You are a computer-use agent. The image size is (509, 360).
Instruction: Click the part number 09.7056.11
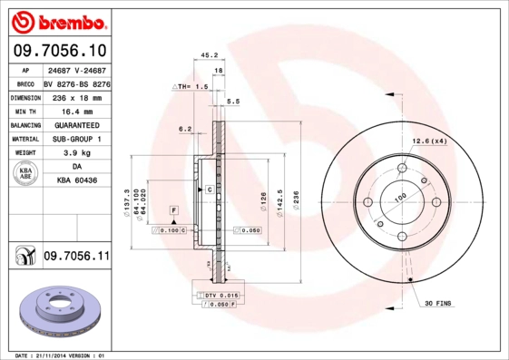(x=76, y=258)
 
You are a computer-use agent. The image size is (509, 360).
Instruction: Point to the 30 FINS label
(x=439, y=304)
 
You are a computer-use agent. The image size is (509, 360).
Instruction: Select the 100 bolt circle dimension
(x=399, y=196)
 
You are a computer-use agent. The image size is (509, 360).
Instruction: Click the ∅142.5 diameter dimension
(x=281, y=200)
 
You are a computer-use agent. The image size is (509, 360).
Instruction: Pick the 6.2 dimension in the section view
(x=185, y=129)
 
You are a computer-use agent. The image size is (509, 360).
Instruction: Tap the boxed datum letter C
(x=209, y=190)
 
